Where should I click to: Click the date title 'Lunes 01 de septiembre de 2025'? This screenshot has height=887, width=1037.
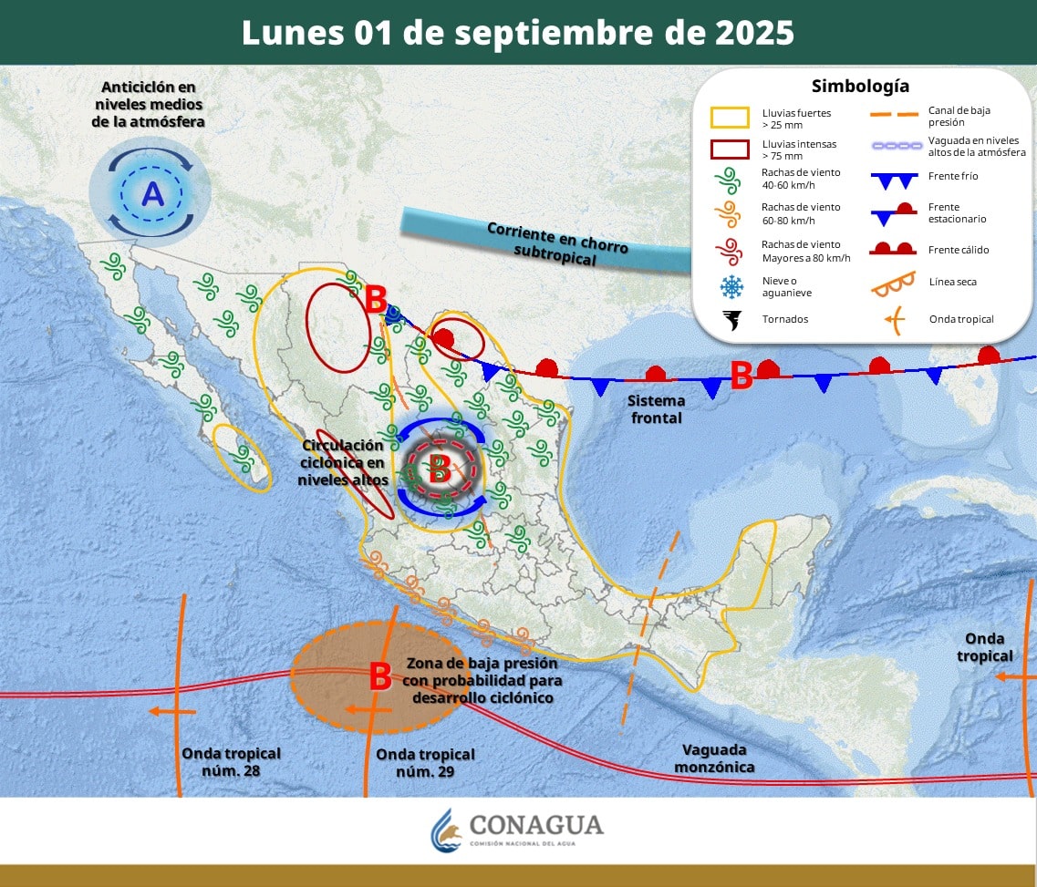(x=517, y=32)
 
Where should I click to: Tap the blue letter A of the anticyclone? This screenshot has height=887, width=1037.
(x=152, y=193)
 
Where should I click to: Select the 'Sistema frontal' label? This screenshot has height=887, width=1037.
(x=656, y=409)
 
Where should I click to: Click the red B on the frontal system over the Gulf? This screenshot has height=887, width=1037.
(x=741, y=374)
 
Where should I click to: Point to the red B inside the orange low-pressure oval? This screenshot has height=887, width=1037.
(x=379, y=677)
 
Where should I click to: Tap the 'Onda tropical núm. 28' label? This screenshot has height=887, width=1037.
(x=231, y=762)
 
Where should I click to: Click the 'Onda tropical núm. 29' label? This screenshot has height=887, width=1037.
(x=425, y=763)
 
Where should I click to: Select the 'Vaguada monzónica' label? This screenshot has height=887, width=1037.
(x=714, y=758)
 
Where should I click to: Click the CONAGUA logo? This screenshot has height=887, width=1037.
(x=517, y=829)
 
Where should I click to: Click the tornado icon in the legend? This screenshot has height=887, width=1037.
(x=731, y=319)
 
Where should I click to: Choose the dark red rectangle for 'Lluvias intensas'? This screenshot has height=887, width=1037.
(x=731, y=150)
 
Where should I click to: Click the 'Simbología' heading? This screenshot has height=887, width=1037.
(x=860, y=87)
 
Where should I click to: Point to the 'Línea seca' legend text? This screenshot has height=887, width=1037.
(x=952, y=282)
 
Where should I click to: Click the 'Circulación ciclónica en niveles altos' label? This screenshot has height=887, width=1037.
(x=344, y=462)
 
